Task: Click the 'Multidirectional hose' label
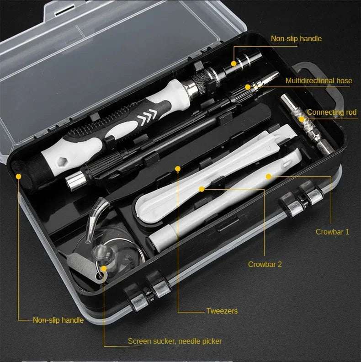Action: (319, 81)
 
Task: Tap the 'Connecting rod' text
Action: (331, 112)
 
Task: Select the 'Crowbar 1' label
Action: (332, 232)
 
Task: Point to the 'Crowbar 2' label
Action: (265, 264)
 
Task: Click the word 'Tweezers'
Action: (222, 311)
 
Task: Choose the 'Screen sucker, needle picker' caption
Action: (175, 341)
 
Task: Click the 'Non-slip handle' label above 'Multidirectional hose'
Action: (296, 39)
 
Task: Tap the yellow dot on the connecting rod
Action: (302, 119)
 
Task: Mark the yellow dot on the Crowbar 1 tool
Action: (269, 176)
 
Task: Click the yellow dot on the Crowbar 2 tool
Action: (201, 188)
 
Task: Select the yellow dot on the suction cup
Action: (104, 269)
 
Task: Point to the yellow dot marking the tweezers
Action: (177, 168)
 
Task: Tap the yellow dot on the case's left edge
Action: (18, 176)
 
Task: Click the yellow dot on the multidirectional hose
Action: (248, 87)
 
